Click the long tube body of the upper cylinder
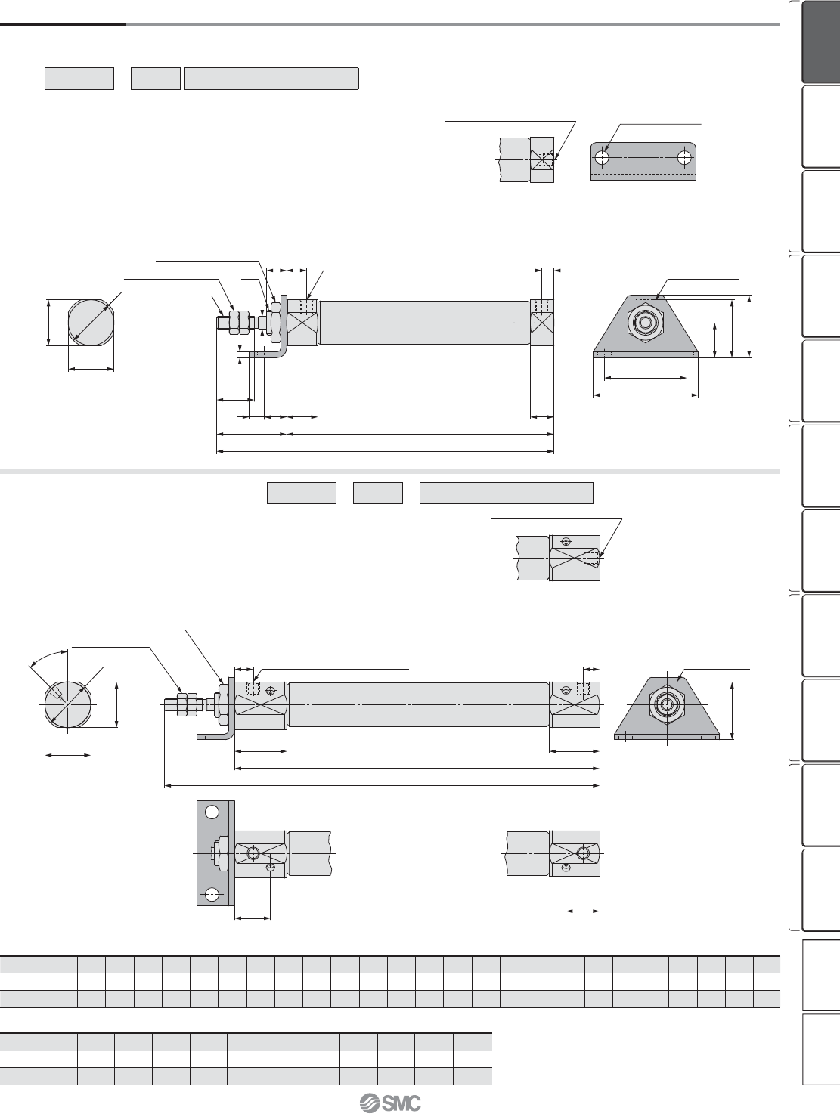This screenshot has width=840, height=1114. [424, 323]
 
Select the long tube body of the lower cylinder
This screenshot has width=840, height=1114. [418, 704]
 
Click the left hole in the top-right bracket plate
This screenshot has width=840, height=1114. [603, 157]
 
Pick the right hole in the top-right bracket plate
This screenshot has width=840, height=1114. [683, 157]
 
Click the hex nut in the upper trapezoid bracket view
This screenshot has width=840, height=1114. [646, 323]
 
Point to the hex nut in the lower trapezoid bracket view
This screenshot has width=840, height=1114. [666, 704]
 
